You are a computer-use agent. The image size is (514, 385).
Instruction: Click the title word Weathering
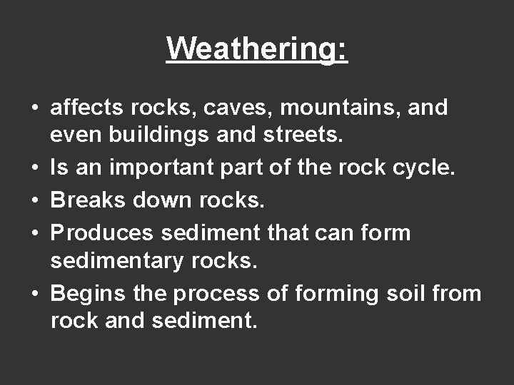tap(257, 48)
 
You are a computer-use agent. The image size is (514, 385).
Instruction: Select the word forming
tap(329, 293)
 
